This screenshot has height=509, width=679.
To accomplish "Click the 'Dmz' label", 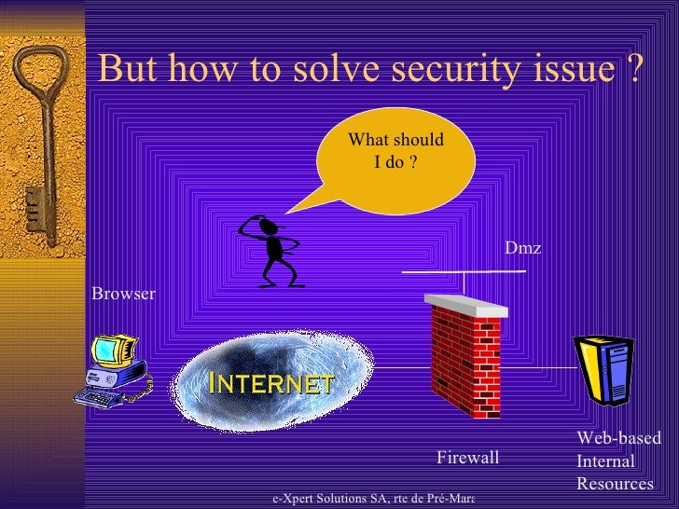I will (522, 247).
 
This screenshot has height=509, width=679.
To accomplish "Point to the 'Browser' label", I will (123, 295).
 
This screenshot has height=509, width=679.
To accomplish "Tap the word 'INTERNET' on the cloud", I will (271, 383).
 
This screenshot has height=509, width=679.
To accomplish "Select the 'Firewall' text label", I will (468, 458).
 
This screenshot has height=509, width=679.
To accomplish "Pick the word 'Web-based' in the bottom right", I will (618, 439).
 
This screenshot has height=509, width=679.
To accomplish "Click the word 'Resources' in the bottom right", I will (615, 484).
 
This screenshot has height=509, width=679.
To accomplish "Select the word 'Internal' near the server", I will (605, 461).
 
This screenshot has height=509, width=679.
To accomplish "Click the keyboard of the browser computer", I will (100, 397).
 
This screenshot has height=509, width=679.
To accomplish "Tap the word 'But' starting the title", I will (123, 68).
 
